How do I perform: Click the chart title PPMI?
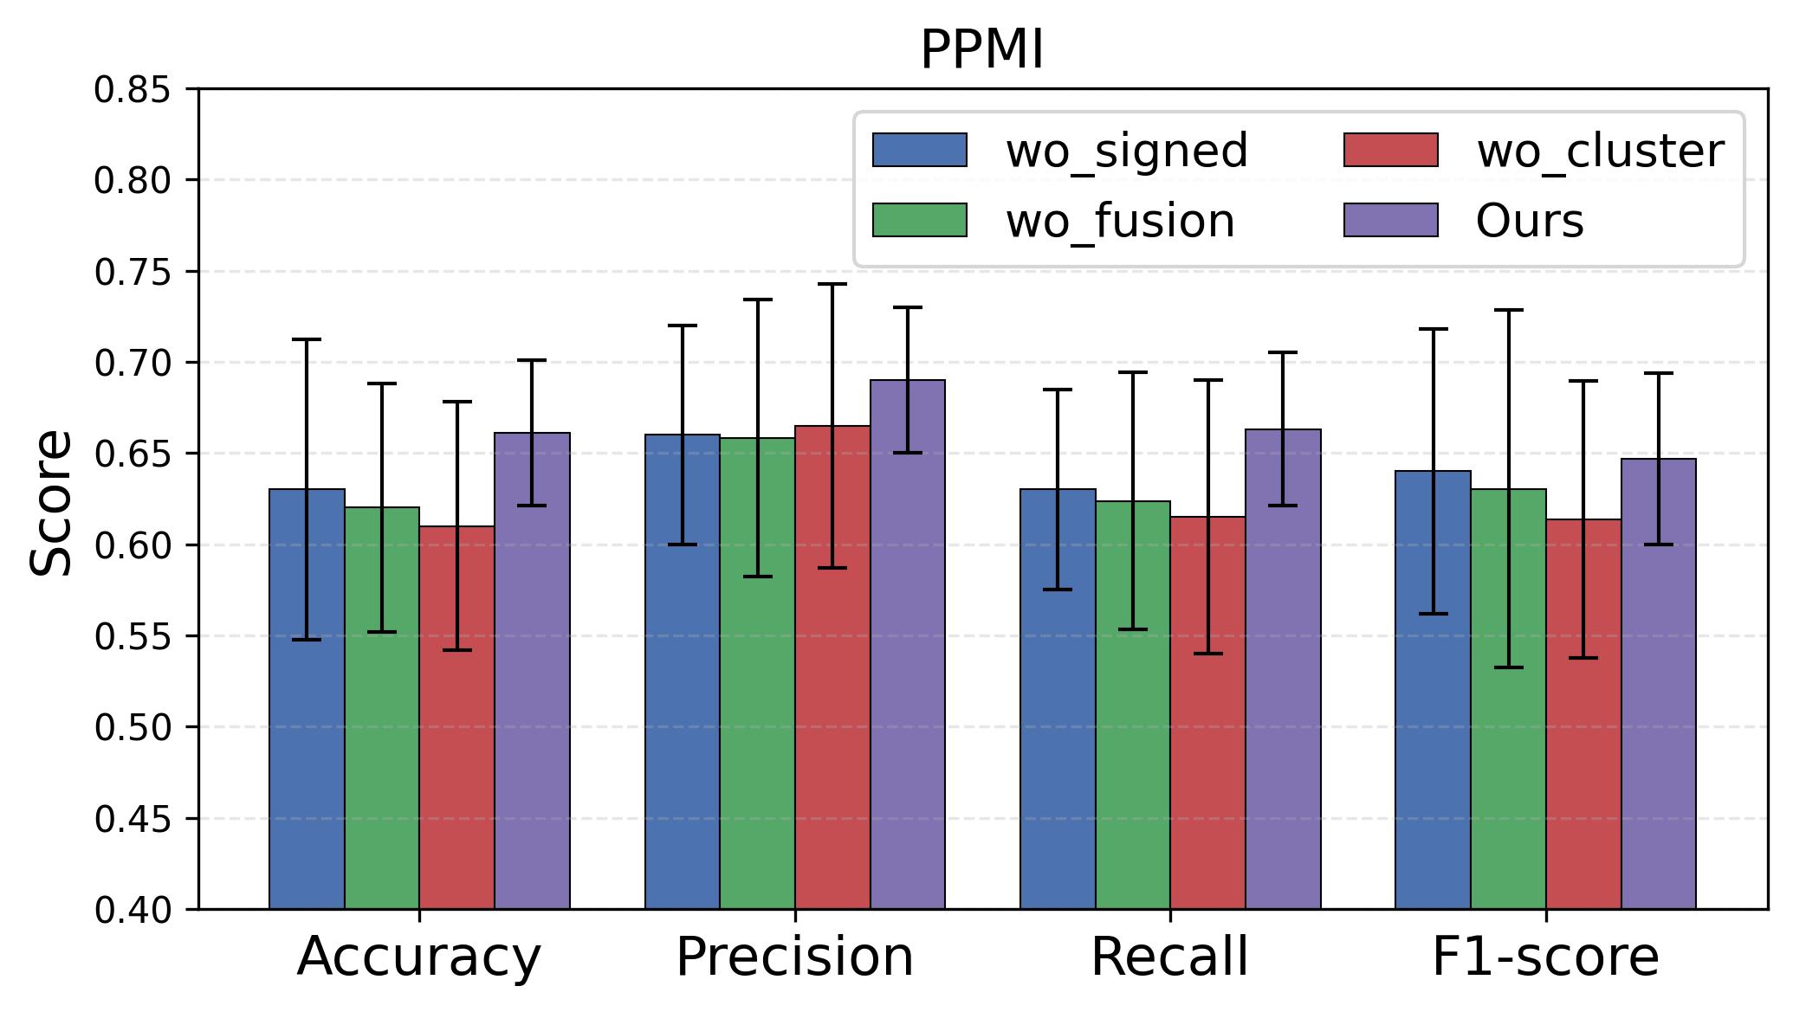tap(981, 50)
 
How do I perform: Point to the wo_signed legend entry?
tap(1126, 151)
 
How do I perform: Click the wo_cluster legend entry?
tap(1600, 151)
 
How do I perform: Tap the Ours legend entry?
tap(1530, 222)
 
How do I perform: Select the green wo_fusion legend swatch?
tap(919, 220)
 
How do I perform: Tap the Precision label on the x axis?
tap(794, 958)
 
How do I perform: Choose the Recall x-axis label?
tap(1169, 958)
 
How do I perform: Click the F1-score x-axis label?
tap(1545, 958)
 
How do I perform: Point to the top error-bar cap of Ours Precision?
tap(907, 307)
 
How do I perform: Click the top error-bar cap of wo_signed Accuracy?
tap(307, 339)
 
